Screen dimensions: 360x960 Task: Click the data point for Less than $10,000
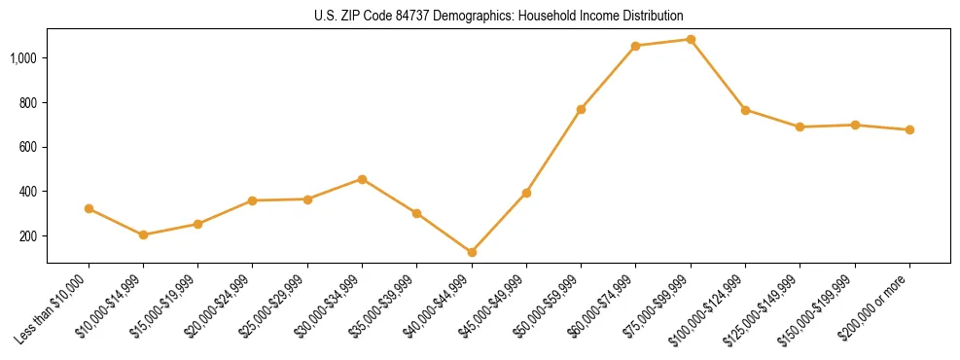click(89, 208)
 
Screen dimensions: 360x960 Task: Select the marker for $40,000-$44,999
click(472, 252)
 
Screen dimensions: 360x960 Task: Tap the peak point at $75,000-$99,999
click(691, 40)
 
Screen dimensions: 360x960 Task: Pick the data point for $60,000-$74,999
click(635, 46)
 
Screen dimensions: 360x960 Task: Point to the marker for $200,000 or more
click(909, 129)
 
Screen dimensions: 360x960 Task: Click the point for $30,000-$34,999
click(362, 179)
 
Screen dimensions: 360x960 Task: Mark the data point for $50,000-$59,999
click(581, 109)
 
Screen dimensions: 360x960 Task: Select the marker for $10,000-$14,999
click(143, 234)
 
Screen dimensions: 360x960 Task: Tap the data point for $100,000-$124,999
click(745, 110)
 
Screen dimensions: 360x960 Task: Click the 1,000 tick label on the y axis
click(23, 58)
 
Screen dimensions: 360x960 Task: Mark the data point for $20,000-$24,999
click(253, 200)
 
